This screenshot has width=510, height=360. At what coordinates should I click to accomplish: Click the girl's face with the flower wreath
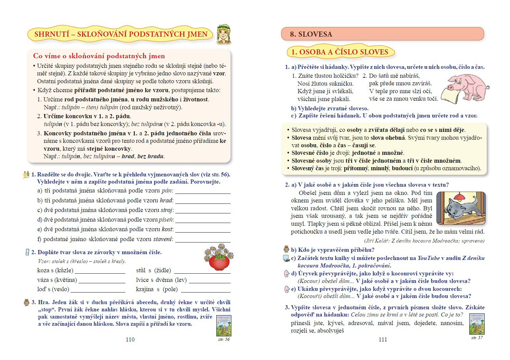pos(224,34)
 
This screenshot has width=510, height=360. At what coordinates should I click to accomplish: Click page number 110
pos(130,339)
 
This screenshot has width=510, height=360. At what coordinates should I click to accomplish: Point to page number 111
pos(383,339)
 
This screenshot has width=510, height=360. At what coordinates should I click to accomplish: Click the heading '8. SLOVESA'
pos(311,34)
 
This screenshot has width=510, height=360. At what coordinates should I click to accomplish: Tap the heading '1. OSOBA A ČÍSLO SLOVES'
pos(340,52)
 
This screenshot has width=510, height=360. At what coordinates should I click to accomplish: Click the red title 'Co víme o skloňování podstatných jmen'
pos(99,56)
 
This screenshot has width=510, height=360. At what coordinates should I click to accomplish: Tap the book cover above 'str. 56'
pos(224,326)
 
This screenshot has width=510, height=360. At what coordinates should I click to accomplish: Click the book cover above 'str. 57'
pos(477,324)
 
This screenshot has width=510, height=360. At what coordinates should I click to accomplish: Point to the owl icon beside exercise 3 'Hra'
pos(26,302)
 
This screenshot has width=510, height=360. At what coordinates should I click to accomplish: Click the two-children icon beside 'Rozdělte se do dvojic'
pos(26,175)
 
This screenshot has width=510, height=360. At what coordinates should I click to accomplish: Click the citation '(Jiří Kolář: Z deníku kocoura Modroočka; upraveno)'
pos(424,241)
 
